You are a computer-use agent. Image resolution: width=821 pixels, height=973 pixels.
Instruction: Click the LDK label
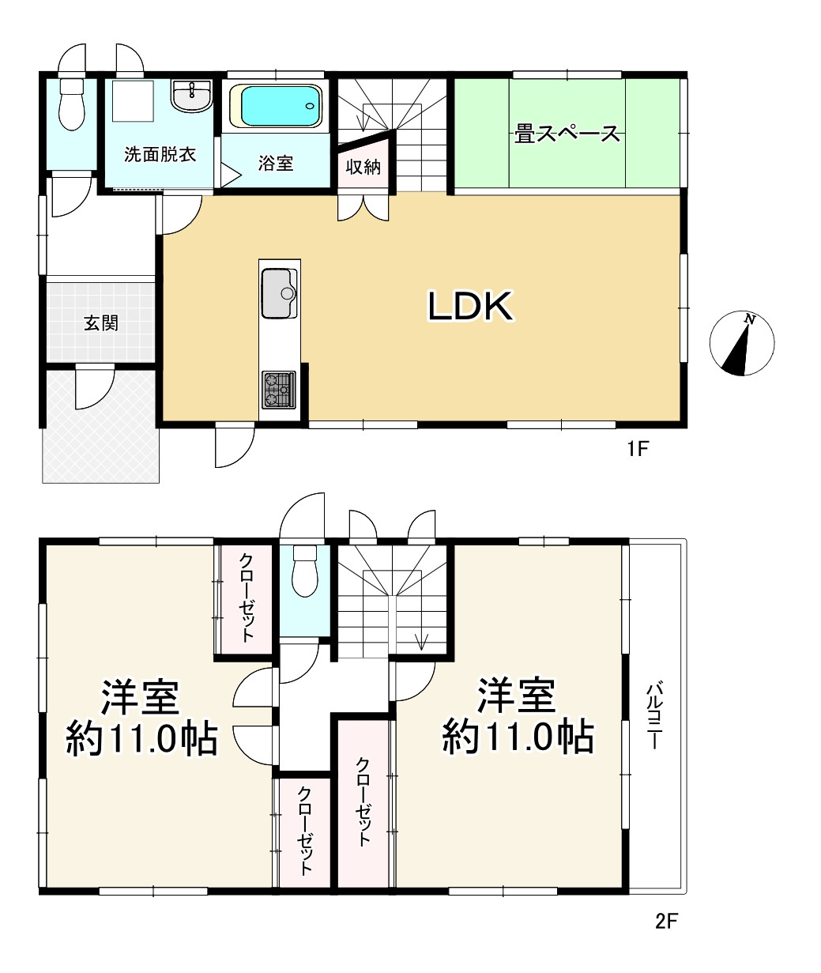[x=471, y=306]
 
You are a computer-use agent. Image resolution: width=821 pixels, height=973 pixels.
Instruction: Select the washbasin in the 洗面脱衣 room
[x=192, y=96]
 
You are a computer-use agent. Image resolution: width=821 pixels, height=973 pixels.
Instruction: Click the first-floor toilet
[x=72, y=104]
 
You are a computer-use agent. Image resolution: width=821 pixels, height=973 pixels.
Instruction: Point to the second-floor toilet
[x=305, y=571]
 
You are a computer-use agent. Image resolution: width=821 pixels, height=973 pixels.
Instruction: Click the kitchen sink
[x=279, y=293]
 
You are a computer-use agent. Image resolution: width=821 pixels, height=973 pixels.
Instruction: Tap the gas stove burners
[x=279, y=390]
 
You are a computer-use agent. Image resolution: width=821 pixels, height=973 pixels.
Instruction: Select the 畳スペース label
[x=567, y=134]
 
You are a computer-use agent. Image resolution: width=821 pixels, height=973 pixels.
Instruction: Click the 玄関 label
[x=101, y=323]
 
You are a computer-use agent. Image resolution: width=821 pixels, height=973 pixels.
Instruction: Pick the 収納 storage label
[x=363, y=167]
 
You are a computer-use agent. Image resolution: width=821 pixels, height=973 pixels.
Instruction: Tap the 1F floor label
[x=638, y=449]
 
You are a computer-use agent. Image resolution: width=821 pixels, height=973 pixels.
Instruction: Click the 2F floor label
[x=667, y=922]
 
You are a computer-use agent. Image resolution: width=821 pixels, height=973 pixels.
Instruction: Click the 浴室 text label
[x=276, y=164]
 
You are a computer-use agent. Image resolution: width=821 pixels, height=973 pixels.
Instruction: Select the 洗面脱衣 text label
[x=160, y=155]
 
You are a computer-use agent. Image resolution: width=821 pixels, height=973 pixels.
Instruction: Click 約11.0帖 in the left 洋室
[x=141, y=740]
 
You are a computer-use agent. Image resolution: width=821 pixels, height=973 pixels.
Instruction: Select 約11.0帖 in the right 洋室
[x=518, y=737]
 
